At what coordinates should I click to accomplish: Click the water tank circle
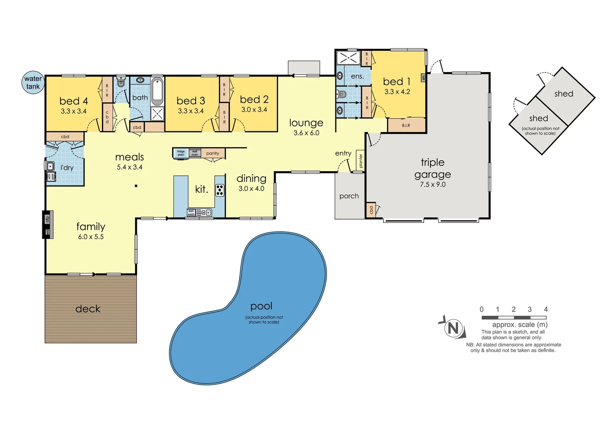(33, 83)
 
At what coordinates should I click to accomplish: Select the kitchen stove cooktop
(220, 190)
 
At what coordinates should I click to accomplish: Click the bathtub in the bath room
(157, 91)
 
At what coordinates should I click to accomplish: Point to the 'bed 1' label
(397, 82)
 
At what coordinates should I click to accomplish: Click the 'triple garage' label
(433, 168)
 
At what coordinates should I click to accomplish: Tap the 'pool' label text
(261, 307)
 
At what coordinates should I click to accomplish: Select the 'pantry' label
(212, 153)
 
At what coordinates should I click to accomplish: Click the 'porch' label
(349, 196)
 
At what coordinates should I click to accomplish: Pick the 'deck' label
(88, 309)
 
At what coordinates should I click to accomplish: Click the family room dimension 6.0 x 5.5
(91, 237)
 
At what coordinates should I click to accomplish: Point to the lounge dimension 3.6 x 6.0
(306, 133)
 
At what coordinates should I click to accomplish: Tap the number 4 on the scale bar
(545, 309)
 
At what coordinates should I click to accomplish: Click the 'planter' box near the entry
(361, 161)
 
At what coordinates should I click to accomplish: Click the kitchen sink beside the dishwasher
(204, 212)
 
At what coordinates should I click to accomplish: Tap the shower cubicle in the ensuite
(348, 57)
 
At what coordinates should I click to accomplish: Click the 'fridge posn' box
(181, 153)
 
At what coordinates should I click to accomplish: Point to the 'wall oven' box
(195, 153)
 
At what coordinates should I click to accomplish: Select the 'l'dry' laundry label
(67, 168)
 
